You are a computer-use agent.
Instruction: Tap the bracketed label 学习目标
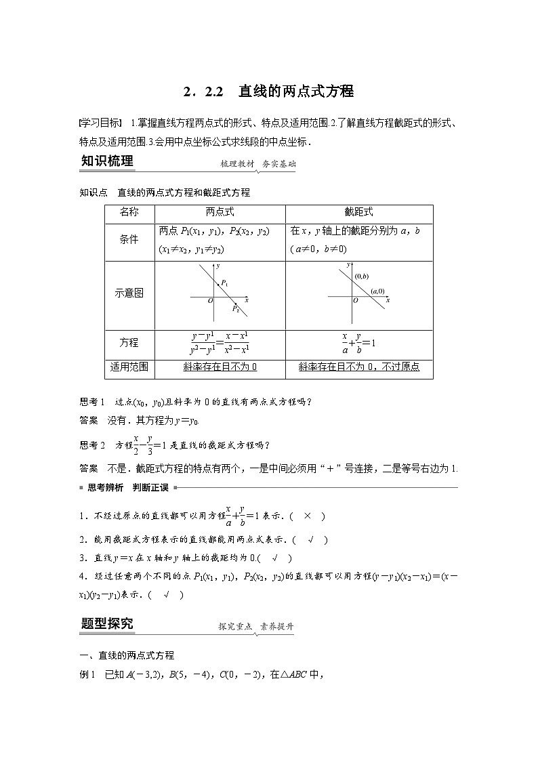pyautogui.click(x=99, y=123)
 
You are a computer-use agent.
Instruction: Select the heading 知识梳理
pyautogui.click(x=107, y=161)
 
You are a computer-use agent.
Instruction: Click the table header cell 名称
pyautogui.click(x=129, y=212)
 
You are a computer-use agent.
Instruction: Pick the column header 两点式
pyautogui.click(x=220, y=212)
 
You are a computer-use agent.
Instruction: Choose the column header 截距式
pyautogui.click(x=358, y=212)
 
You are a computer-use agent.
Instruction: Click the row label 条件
pyautogui.click(x=129, y=240)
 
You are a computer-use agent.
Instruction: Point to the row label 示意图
pyautogui.click(x=129, y=293)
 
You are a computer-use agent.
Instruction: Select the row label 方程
pyautogui.click(x=129, y=343)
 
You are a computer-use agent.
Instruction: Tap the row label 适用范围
pyautogui.click(x=129, y=367)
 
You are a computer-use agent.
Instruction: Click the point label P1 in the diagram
pyautogui.click(x=225, y=283)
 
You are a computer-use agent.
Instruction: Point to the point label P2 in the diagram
pyautogui.click(x=235, y=308)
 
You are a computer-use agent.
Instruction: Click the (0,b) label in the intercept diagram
pyautogui.click(x=360, y=276)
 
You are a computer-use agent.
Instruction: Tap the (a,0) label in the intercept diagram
pyautogui.click(x=377, y=291)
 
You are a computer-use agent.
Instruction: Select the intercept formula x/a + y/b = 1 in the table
pyautogui.click(x=358, y=344)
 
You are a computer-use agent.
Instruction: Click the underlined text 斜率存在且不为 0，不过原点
pyautogui.click(x=359, y=367)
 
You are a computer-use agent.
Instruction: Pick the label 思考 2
pyautogui.click(x=92, y=445)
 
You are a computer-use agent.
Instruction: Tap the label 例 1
pyautogui.click(x=89, y=674)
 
